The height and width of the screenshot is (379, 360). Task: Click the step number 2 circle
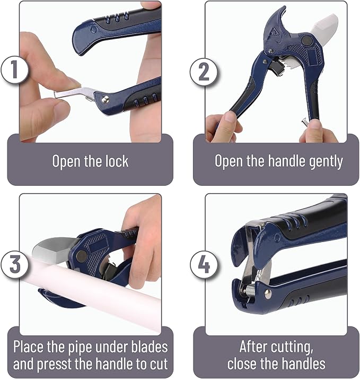point(203,71)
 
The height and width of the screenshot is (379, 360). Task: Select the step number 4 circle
point(203,264)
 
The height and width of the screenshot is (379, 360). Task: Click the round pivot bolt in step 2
point(306,40)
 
